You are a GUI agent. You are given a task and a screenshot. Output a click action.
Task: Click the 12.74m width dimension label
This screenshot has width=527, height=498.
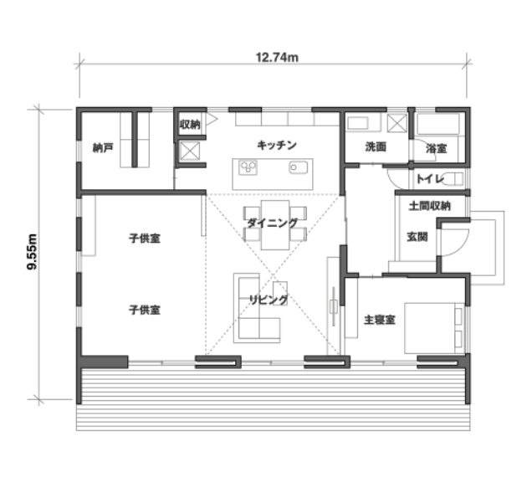pyautogui.click(x=277, y=58)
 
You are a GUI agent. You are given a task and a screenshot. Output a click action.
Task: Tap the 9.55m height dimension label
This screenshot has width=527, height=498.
pyautogui.click(x=32, y=252)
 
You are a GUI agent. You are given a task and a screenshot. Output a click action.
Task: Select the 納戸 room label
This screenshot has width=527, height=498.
pyautogui.click(x=103, y=148)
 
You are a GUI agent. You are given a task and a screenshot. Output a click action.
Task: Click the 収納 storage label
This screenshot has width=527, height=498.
pyautogui.click(x=190, y=125)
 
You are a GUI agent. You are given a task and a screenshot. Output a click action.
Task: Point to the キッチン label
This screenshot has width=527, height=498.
pyautogui.click(x=277, y=146)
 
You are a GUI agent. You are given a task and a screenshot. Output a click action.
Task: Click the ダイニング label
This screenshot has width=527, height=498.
pyautogui.click(x=273, y=223)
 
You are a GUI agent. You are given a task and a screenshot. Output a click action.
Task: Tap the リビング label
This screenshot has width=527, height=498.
pyautogui.click(x=269, y=300)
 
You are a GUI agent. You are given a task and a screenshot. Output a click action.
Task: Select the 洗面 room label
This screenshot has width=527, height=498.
pyautogui.click(x=376, y=147)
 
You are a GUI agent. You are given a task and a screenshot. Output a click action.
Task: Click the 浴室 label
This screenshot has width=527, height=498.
pyautogui.click(x=437, y=148)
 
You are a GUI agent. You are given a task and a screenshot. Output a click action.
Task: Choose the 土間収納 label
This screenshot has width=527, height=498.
pyautogui.click(x=430, y=206)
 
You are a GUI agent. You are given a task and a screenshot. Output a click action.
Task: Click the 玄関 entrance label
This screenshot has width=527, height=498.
pyautogui.click(x=417, y=237)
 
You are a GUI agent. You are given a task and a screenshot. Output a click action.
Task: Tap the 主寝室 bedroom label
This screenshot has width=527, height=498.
pyautogui.click(x=380, y=320)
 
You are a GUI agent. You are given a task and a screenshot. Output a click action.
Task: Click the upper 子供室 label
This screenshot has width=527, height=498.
pyautogui.click(x=145, y=239)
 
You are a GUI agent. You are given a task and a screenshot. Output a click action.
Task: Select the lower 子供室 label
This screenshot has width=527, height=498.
pyautogui.click(x=145, y=310)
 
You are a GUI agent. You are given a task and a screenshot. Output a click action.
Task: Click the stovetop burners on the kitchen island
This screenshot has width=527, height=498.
pyautogui.click(x=248, y=167)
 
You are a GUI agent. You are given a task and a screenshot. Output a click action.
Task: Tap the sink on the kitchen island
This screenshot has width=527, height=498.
pyautogui.click(x=298, y=167)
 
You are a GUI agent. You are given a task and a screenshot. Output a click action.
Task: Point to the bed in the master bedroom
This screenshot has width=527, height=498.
pyautogui.click(x=434, y=328)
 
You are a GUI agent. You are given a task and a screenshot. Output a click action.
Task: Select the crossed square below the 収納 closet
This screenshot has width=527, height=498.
pyautogui.click(x=190, y=151)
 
